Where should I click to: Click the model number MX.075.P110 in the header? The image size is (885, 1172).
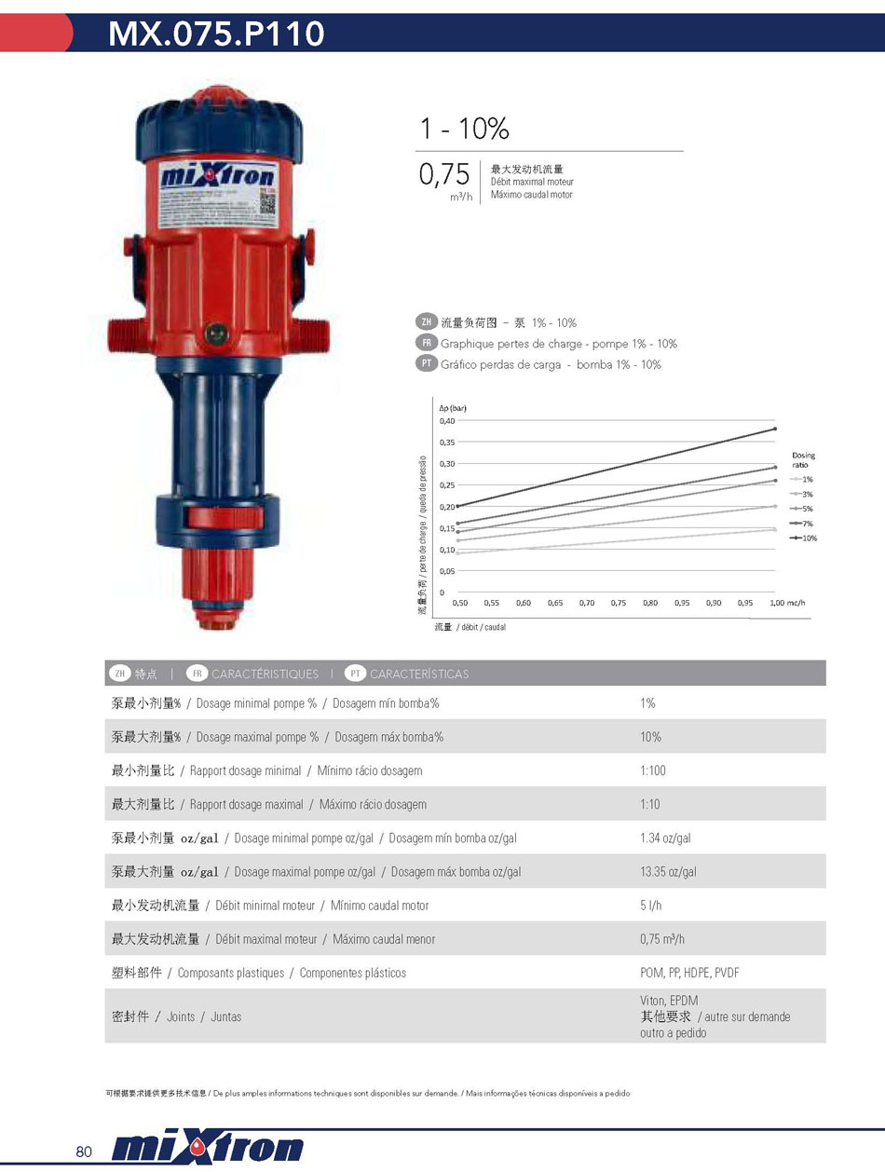point(216,34)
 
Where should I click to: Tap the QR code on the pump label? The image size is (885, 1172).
point(268,202)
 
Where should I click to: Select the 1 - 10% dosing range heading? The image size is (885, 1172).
point(464,129)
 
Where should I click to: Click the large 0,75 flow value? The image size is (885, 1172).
point(443,174)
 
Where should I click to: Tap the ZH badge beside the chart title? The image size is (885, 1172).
point(426,322)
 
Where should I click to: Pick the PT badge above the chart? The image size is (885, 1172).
point(426,363)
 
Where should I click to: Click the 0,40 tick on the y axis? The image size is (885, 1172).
point(448,420)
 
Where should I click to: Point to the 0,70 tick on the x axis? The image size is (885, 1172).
point(587,603)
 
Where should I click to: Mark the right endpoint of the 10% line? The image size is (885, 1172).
point(775,429)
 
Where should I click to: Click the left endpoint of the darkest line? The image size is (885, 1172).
point(458,506)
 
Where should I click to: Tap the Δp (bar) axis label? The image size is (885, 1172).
point(453,407)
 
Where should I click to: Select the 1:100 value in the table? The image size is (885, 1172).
point(652,770)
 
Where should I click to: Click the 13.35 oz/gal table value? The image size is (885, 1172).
point(668,872)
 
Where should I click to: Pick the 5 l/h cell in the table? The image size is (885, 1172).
point(650,906)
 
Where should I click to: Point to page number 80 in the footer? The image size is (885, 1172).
point(84,1152)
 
